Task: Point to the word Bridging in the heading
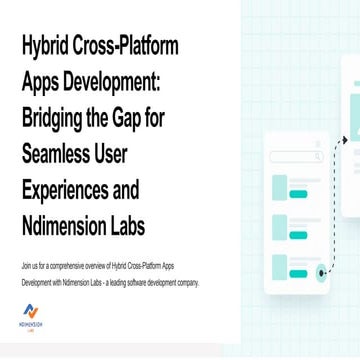tap(58, 118)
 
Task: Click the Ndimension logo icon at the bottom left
tap(31, 312)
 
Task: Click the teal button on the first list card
tap(298, 194)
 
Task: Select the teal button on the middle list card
tap(298, 235)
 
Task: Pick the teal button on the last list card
tap(298, 273)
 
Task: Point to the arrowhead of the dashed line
tap(345, 141)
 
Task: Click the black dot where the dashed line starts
tap(321, 272)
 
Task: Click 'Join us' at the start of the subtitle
tap(30, 267)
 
